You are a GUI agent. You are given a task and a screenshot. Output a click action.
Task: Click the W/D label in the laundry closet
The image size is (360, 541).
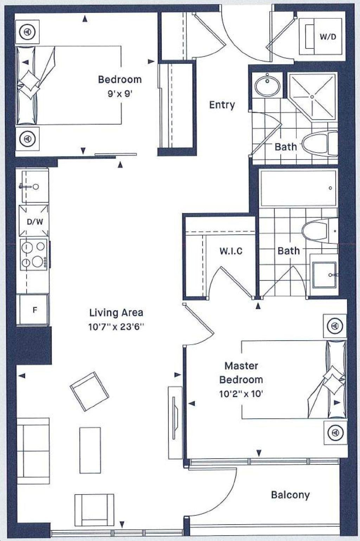point(328,37)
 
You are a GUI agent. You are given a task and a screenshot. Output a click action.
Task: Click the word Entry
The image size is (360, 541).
point(222,105)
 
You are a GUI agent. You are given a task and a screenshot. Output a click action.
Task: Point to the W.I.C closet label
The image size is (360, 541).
point(231,251)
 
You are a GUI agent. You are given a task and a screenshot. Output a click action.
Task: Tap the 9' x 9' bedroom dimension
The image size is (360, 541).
point(120,94)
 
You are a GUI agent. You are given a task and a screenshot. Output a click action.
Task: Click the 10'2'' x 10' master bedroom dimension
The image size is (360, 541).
point(241,394)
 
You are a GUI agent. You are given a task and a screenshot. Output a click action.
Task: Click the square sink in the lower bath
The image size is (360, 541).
point(324,275)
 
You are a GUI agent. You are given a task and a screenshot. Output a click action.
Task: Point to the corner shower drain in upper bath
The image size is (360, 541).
point(312,97)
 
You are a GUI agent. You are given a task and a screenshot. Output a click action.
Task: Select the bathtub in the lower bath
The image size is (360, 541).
point(298,188)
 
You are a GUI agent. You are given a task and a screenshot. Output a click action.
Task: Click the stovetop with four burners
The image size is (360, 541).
point(34,255)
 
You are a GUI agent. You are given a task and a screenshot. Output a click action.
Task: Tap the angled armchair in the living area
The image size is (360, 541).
point(89,391)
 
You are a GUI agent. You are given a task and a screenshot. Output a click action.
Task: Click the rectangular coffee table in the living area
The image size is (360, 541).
point(90,450)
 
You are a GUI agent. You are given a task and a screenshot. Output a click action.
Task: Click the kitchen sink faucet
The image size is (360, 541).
point(30,187)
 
